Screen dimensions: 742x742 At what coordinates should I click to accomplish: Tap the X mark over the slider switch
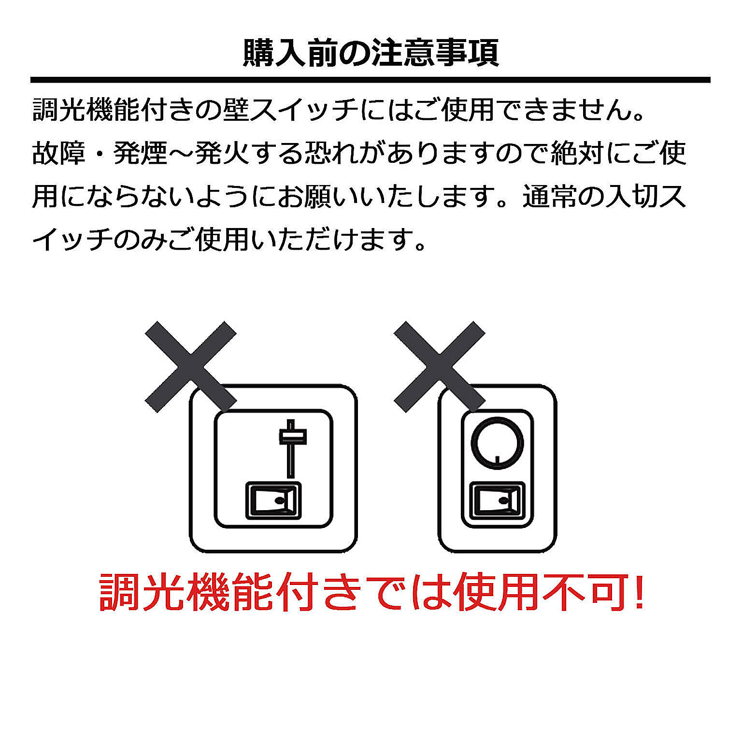(x=191, y=367)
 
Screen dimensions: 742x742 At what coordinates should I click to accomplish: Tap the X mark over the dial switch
(x=439, y=367)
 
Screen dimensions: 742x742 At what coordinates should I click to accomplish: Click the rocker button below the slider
(x=273, y=500)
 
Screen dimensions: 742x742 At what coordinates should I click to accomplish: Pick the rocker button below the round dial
(x=498, y=500)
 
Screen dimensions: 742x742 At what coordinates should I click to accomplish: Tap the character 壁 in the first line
(x=236, y=110)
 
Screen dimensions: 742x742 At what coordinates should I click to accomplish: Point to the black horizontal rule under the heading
(x=371, y=80)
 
